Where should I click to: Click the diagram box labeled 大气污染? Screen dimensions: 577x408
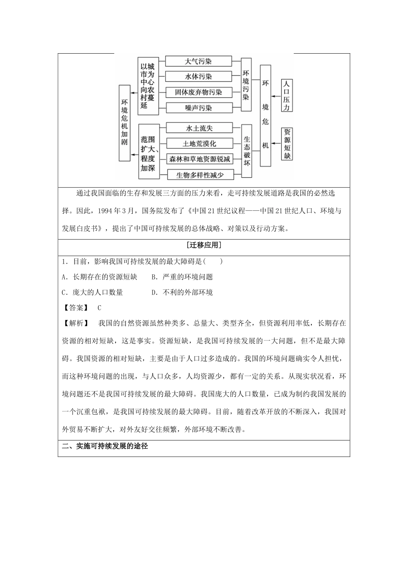pyautogui.click(x=198, y=61)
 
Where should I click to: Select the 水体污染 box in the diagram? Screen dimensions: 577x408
pyautogui.click(x=198, y=77)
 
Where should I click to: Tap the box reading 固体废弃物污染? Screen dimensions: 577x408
pyautogui.click(x=198, y=92)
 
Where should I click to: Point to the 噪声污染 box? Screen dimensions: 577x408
pyautogui.click(x=198, y=108)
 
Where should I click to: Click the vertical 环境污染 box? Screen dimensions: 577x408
pyautogui.click(x=246, y=85)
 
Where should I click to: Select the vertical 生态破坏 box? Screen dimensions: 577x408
pyautogui.click(x=247, y=151)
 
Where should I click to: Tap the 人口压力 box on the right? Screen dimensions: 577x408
pyautogui.click(x=287, y=95)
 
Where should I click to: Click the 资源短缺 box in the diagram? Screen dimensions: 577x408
pyautogui.click(x=287, y=144)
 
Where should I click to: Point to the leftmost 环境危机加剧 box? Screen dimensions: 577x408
pyautogui.click(x=125, y=122)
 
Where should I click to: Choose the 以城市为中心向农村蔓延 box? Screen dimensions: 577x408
pyautogui.click(x=148, y=85)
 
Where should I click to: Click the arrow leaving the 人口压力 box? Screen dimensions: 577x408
pyautogui.click(x=276, y=96)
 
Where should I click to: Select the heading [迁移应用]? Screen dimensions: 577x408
pyautogui.click(x=204, y=246)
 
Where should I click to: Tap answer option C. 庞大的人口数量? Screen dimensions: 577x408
pyautogui.click(x=92, y=292)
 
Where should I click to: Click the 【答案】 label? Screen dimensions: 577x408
pyautogui.click(x=75, y=307)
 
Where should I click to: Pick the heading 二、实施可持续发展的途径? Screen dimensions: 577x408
pyautogui.click(x=105, y=446)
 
